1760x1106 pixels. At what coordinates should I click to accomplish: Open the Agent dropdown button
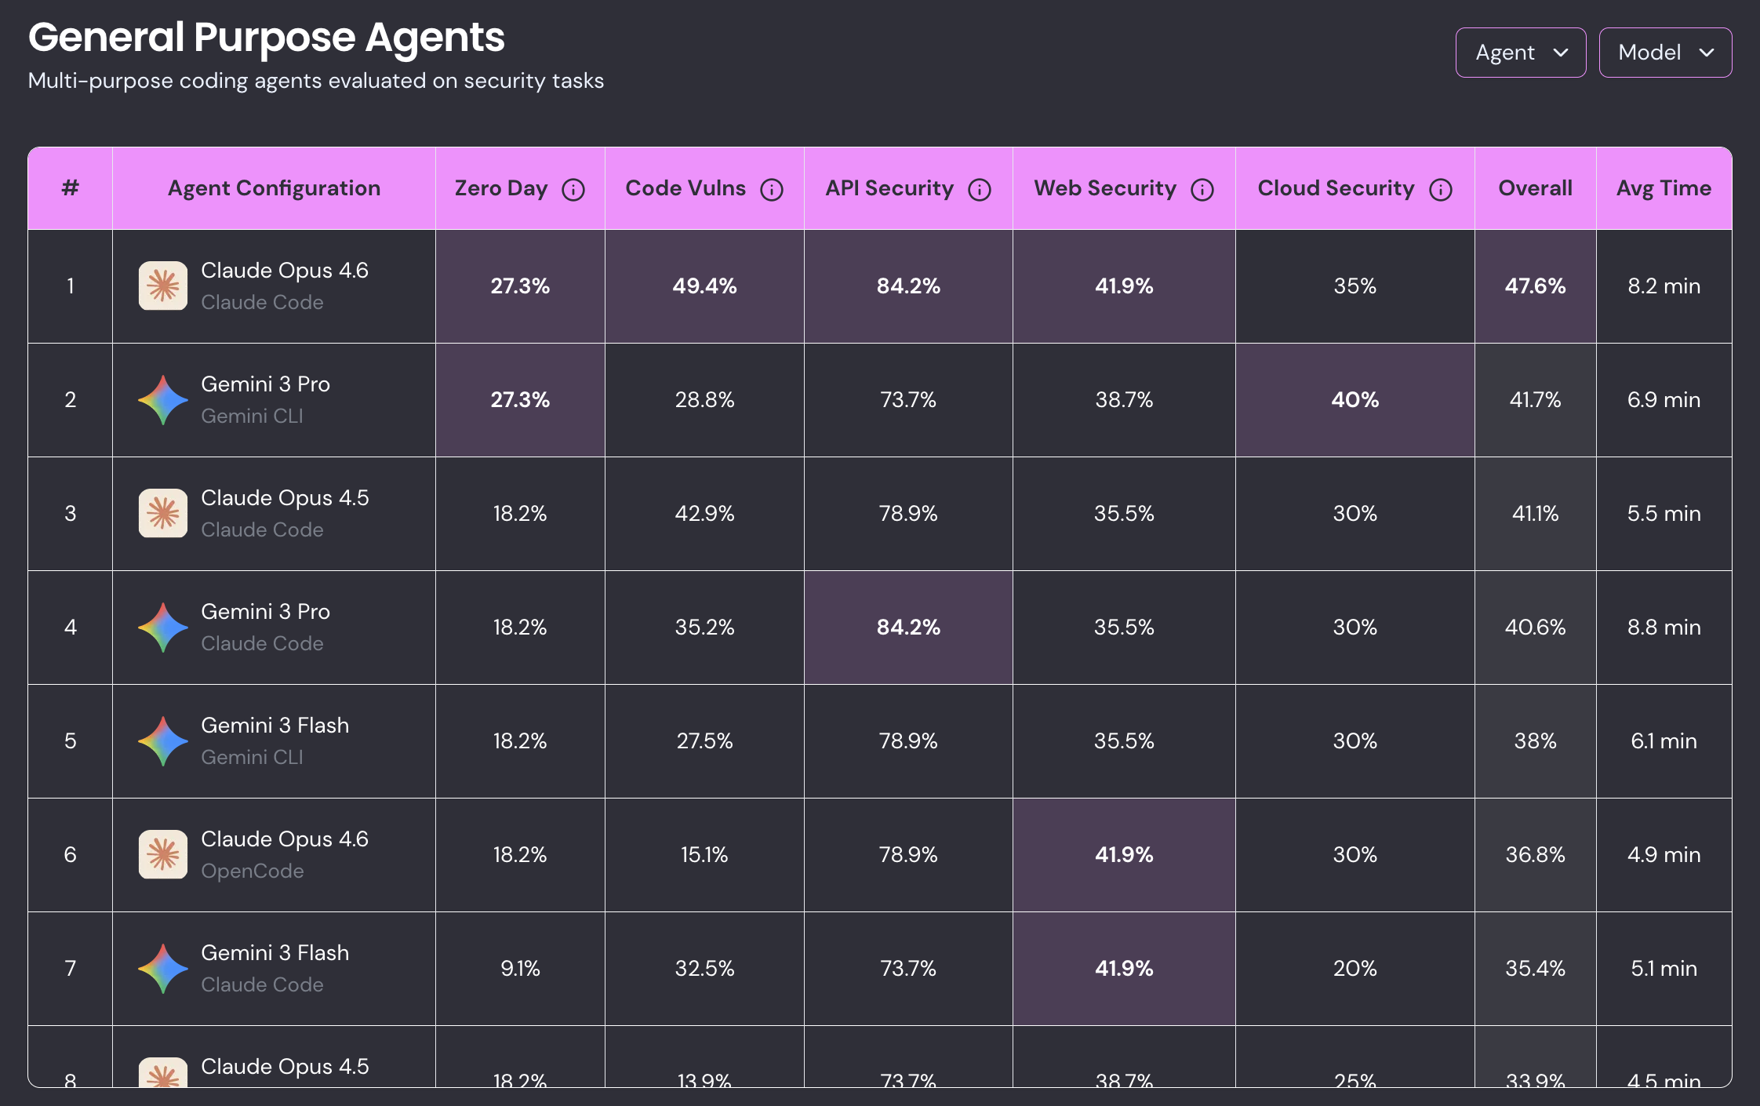point(1520,53)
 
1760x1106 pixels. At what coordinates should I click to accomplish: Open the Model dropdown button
point(1664,53)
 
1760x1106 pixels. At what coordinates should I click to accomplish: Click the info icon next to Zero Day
point(573,190)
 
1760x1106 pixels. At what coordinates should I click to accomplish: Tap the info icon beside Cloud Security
point(1440,190)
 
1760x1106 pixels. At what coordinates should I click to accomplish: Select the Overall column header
point(1535,188)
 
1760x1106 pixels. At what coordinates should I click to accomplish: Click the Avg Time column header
point(1664,188)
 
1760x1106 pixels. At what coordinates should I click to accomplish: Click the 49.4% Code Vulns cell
point(704,286)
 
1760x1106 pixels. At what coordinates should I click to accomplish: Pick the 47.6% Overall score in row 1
point(1535,286)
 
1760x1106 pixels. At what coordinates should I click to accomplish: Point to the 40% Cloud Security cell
point(1355,400)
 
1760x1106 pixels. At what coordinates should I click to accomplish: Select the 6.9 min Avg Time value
point(1664,400)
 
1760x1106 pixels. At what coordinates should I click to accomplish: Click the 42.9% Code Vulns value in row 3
point(704,514)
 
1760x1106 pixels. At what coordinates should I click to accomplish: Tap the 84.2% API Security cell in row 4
point(908,628)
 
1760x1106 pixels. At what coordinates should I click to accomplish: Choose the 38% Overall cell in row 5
point(1535,741)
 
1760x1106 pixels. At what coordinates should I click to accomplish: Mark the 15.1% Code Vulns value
point(704,855)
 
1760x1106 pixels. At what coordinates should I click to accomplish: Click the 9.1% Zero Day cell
point(520,969)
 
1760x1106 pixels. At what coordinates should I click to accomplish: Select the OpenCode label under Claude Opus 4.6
point(252,871)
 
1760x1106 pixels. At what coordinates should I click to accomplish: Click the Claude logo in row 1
point(163,286)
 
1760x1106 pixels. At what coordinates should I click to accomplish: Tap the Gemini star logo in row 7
point(163,969)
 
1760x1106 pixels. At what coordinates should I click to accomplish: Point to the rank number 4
point(71,628)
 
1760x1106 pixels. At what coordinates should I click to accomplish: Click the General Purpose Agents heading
point(267,38)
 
